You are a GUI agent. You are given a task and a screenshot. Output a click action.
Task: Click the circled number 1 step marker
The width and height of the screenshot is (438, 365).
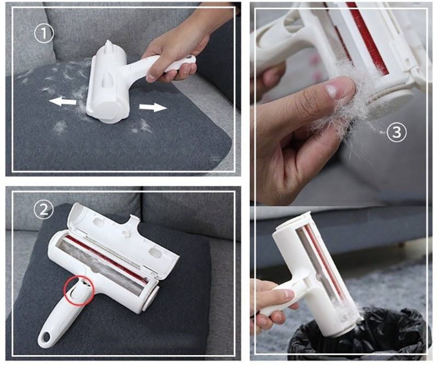click(x=44, y=33)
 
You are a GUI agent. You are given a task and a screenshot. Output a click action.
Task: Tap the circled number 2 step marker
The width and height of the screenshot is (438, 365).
click(x=44, y=210)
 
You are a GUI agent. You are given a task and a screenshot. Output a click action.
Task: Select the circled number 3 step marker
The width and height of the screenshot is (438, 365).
click(x=396, y=132)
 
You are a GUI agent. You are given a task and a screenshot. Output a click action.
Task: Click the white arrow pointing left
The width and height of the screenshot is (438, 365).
click(x=62, y=102)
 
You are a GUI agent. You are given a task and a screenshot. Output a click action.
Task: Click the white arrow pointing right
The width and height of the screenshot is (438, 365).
click(x=153, y=107)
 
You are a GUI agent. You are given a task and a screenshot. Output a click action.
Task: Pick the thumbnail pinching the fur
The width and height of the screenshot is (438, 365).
click(x=331, y=91)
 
